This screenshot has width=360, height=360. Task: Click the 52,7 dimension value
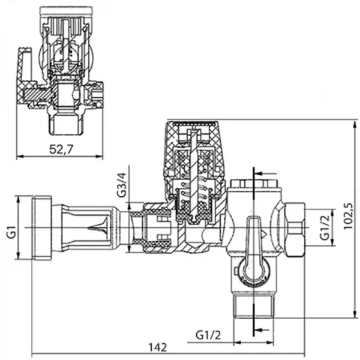pos(62,150)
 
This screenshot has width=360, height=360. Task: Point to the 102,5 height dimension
pos(349,212)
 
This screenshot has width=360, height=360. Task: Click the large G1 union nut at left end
pos(40,229)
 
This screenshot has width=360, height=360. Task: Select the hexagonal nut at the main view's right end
pos(294,229)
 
